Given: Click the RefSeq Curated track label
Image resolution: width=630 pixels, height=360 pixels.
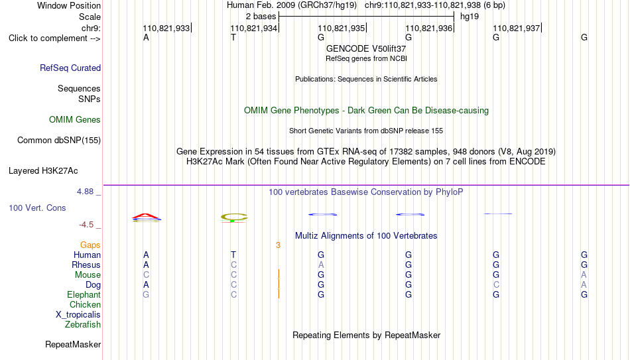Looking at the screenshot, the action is pos(70,68).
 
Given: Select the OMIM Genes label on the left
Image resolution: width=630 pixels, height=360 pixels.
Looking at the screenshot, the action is pos(75,120).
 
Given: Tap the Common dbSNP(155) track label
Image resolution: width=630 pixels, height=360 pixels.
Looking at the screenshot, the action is pos(59,141).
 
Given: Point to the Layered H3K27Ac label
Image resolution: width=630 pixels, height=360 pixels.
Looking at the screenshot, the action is pos(43,171).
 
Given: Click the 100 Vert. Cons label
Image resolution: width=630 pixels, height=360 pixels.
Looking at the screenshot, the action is pos(37,208).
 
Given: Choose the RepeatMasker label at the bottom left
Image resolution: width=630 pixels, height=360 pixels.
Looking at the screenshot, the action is pos(73,344).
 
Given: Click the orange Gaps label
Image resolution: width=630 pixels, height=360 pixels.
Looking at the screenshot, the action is pos(90,245).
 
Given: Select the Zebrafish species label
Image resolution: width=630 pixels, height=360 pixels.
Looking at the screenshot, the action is pos(83,324).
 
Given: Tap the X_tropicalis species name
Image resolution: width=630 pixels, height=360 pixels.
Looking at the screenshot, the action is pos(78,315).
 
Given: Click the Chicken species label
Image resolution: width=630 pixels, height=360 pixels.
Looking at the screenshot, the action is pos(85,304).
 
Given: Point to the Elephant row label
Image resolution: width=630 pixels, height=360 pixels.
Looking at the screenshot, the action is pos(84,294).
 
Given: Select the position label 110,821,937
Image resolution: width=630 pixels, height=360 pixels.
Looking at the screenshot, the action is pos(517,28).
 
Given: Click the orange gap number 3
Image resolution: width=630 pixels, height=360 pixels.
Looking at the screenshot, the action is pos(278,245).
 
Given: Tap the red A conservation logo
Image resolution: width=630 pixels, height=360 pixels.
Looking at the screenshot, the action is pos(147,217).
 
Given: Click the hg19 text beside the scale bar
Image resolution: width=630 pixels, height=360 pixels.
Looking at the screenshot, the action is pos(470,17).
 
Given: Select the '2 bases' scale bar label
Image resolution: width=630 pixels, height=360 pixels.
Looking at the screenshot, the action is pos(261,17).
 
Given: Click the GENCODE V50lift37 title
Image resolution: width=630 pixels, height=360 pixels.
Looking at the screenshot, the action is pos(366,48).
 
